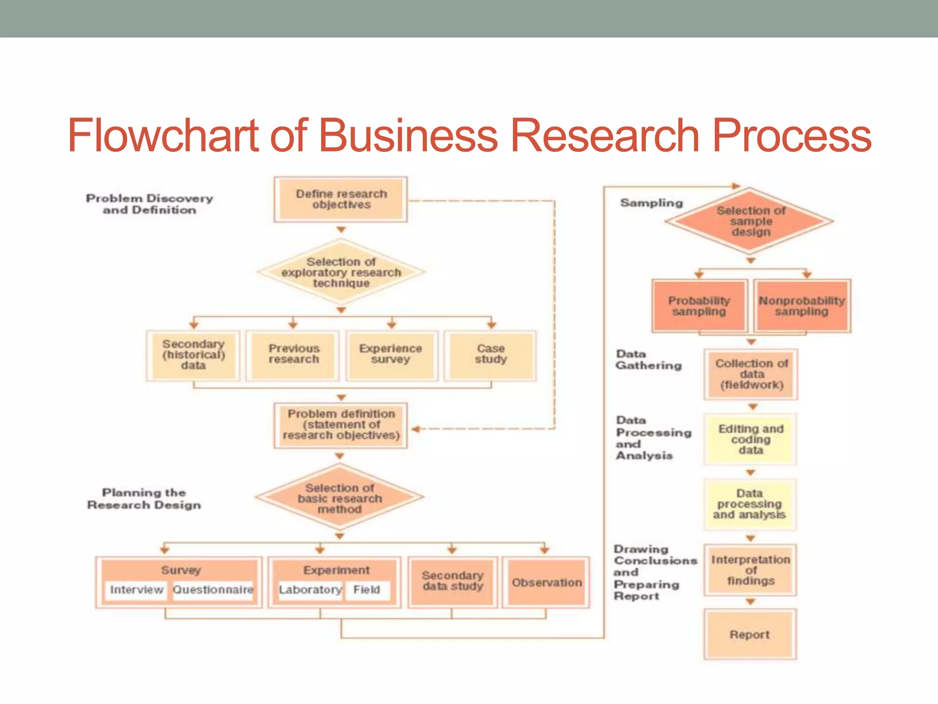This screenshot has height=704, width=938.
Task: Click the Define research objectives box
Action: (341, 199)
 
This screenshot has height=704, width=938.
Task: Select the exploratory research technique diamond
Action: (341, 272)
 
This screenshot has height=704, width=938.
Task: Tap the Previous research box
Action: (293, 355)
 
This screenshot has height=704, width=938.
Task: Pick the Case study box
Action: (491, 355)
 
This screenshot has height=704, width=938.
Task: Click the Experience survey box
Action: (391, 355)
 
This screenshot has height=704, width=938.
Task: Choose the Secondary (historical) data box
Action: (193, 355)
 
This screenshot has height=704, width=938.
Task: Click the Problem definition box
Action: (341, 425)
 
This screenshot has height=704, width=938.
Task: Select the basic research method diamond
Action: (340, 498)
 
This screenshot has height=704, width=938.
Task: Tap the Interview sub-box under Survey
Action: (136, 590)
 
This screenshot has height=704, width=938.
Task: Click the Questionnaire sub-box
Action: (213, 590)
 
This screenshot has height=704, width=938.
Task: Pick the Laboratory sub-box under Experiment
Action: (310, 590)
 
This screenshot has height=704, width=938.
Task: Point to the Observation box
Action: (546, 583)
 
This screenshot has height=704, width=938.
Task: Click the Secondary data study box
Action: (453, 581)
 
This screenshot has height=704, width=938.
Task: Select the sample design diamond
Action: (750, 221)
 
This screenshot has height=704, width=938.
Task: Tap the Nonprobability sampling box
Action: (802, 306)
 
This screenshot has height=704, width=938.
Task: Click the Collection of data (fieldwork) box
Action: (751, 374)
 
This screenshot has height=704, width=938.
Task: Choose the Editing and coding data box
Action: (751, 440)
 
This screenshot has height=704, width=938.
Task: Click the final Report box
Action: (750, 634)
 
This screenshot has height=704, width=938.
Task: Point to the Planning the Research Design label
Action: (144, 499)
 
